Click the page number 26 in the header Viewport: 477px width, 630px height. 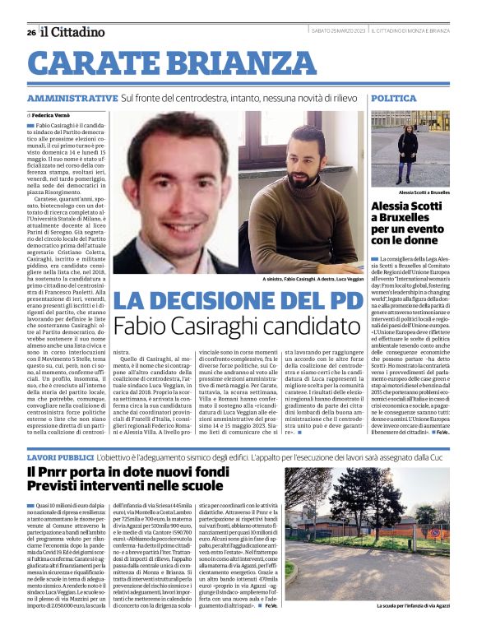[30, 32]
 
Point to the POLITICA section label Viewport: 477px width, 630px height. [393, 98]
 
